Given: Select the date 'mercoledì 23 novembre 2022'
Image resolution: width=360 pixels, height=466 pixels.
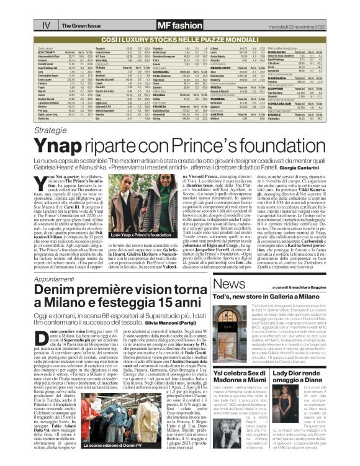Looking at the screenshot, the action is coord(317,9).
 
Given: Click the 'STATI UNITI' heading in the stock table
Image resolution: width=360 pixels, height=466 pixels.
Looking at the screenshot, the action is coord(48,52).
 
